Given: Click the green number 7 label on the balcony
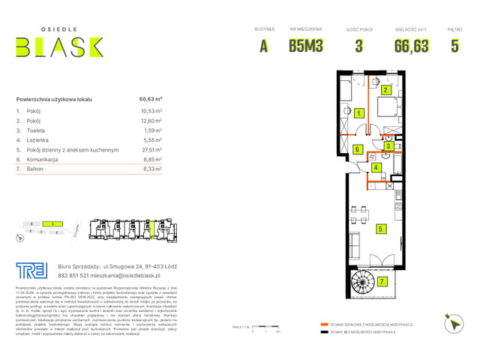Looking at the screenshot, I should pos(382,281).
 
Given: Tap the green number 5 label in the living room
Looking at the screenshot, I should pos(382,228).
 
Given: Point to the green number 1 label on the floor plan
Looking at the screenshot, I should pos(360,113).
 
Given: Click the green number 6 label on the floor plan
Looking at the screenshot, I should pos(358,149).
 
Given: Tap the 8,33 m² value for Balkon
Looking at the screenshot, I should pos(151,169).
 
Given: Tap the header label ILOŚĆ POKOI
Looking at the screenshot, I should pos(358,30).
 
